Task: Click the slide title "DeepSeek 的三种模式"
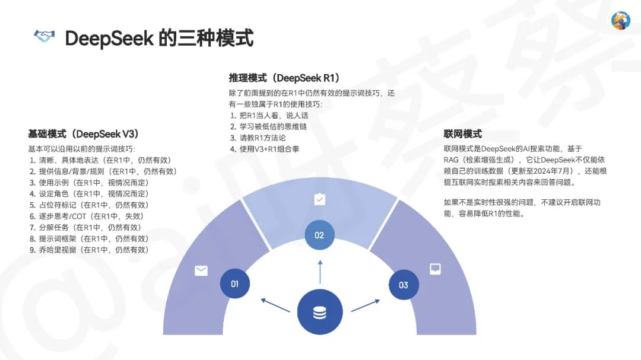[x=159, y=38]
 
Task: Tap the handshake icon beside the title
[x=44, y=37]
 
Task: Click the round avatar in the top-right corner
[x=620, y=21]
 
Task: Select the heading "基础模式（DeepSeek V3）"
[x=84, y=134]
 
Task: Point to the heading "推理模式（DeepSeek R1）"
[x=284, y=78]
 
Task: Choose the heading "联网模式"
[x=463, y=134]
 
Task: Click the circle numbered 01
[x=234, y=283]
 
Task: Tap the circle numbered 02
[x=319, y=235]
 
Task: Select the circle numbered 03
[x=403, y=285]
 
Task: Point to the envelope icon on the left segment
[x=201, y=270]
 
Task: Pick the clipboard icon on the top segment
[x=319, y=199]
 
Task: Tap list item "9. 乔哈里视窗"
[x=89, y=250]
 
